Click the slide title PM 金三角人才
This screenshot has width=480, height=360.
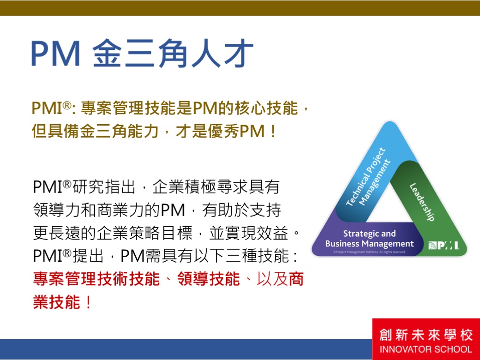tap(142, 53)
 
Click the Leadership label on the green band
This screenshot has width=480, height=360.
tap(422, 202)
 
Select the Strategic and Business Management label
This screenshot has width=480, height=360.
tap(369, 239)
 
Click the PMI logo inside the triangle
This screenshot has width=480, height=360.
tap(443, 245)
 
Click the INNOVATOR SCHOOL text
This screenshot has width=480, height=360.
tap(426, 349)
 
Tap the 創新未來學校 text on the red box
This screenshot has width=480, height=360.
tap(426, 335)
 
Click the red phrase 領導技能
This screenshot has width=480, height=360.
tap(209, 279)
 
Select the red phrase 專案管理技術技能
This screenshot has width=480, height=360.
tap(96, 279)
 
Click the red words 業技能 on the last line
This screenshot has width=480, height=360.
tap(57, 302)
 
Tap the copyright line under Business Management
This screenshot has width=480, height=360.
tap(370, 252)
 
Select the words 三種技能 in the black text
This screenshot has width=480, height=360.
tap(257, 256)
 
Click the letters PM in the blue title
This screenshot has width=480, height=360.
tap(55, 53)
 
